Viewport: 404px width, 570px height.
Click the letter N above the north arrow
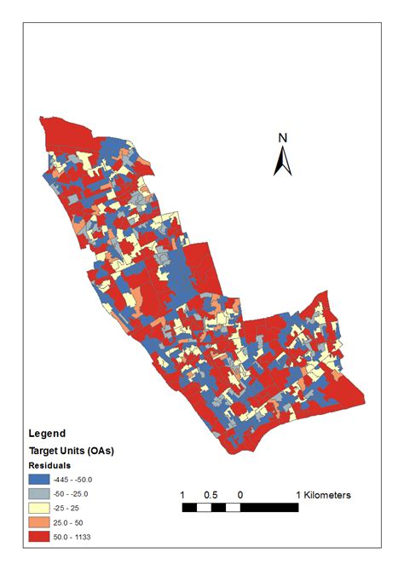(284, 138)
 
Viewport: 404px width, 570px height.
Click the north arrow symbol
(283, 160)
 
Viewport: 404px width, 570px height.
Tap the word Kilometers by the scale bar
(324, 495)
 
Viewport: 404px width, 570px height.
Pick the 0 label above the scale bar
(240, 495)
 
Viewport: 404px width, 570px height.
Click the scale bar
(240, 508)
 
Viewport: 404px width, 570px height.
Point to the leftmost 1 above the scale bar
(183, 495)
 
